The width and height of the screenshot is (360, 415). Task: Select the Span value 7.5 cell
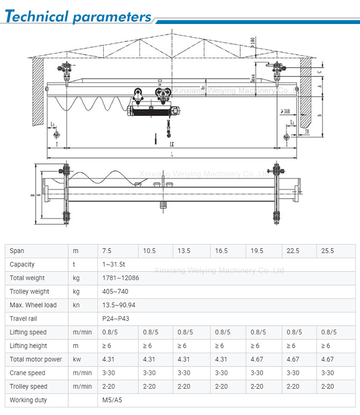107,251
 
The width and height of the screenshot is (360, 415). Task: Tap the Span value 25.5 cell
327,251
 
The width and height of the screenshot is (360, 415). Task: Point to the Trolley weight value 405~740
115,291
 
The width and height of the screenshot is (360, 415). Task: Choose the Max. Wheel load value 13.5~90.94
119,305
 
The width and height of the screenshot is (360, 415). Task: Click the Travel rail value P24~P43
116,318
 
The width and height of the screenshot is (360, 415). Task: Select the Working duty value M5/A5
112,400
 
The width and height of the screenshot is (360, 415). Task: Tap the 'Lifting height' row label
28,346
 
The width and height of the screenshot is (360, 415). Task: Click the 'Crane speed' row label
27,373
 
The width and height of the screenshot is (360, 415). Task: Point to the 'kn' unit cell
76,305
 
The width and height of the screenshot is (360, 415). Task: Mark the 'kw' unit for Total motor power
77,359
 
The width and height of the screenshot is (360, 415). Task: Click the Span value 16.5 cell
221,251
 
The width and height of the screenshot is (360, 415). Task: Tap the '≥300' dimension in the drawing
286,111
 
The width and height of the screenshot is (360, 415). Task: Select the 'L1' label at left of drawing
52,124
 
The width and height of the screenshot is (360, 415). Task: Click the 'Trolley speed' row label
28,386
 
